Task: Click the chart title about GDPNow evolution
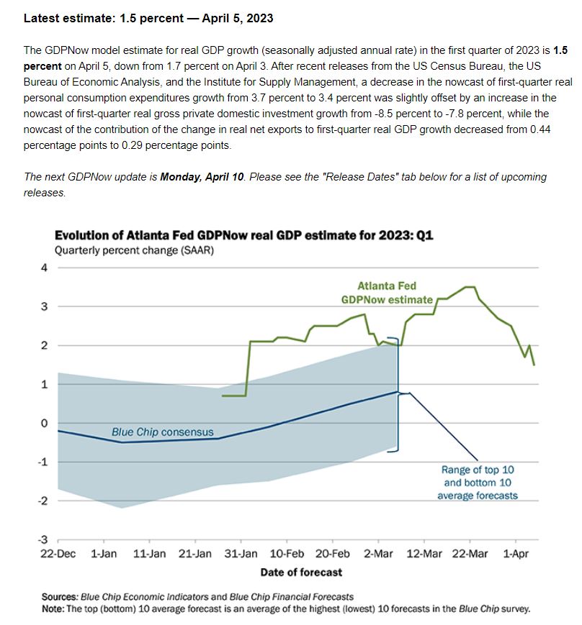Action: pos(244,235)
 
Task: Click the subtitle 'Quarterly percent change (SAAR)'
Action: pos(134,251)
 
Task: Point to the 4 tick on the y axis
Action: pos(44,268)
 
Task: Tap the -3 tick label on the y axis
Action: pos(42,539)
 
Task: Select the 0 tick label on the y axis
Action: pos(44,423)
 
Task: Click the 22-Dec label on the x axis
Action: pos(58,554)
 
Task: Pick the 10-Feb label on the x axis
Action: pos(287,554)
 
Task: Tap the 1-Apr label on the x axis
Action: pos(516,554)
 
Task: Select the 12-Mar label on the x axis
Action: pos(424,554)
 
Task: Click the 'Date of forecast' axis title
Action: pos(301,572)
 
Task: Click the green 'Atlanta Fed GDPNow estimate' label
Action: pos(387,293)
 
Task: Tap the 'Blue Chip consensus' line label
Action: pos(163,432)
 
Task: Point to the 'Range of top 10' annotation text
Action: pos(478,470)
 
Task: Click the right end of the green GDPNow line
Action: pos(534,365)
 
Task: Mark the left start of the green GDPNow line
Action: pos(223,396)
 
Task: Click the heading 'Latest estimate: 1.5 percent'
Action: pos(104,18)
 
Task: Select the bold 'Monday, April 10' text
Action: pos(202,177)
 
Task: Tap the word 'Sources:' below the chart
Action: pos(60,597)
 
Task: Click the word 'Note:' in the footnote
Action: pos(53,609)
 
